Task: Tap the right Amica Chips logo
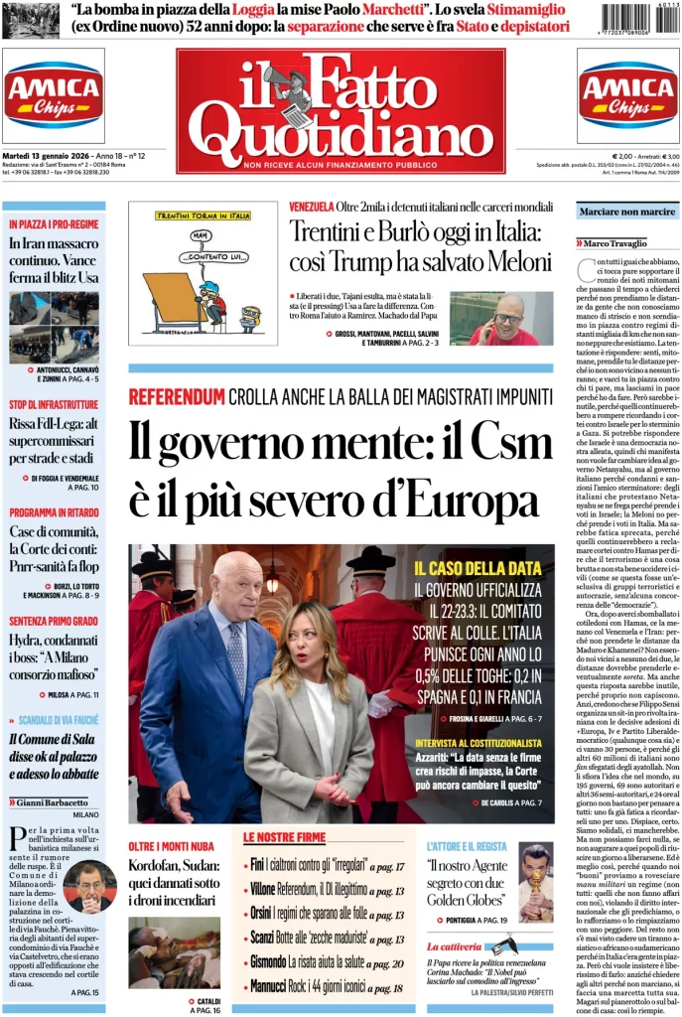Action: (x=627, y=95)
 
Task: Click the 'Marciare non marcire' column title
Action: (x=627, y=211)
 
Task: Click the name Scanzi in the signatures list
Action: (x=263, y=938)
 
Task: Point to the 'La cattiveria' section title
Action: (x=455, y=947)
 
